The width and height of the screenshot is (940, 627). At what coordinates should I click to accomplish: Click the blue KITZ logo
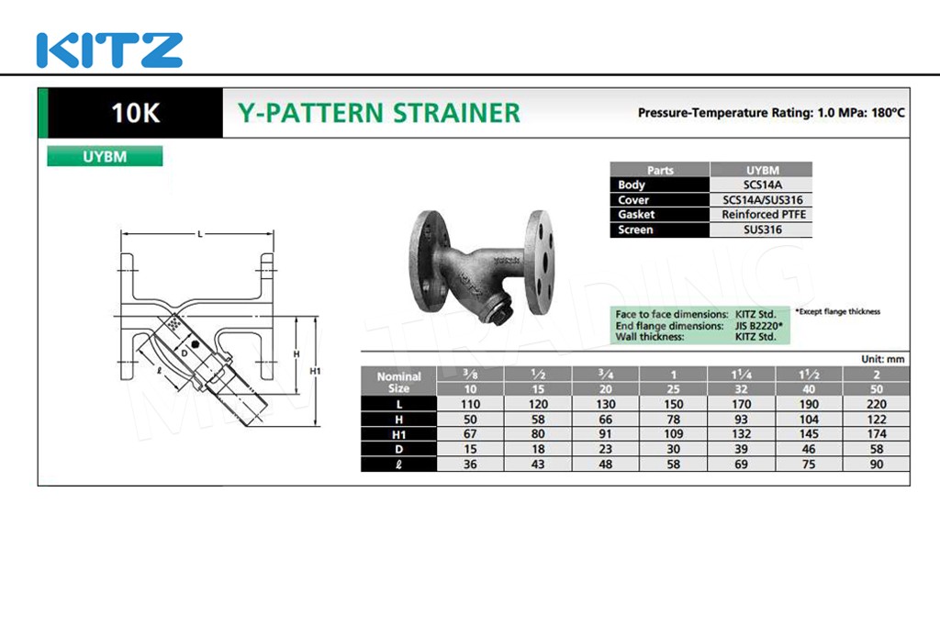tap(110, 50)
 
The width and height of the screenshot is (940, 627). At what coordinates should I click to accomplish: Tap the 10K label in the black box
tap(136, 113)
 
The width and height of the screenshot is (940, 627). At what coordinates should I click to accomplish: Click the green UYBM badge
tap(105, 156)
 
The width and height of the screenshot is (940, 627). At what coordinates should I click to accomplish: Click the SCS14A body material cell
tap(762, 185)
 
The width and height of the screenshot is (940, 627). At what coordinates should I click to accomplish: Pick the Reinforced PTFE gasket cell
tap(763, 215)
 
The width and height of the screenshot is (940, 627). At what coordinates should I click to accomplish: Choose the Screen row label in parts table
tap(635, 230)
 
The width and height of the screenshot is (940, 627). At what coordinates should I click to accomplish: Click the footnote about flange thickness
tap(837, 312)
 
